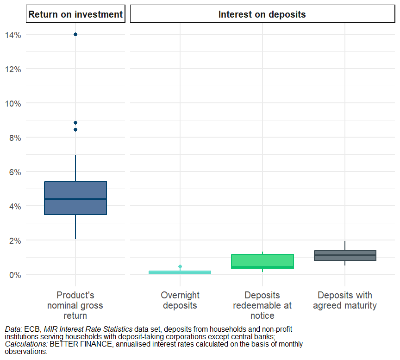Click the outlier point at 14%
[x=75, y=34]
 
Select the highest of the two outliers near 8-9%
[x=75, y=123]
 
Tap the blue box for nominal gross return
[x=75, y=190]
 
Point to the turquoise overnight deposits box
[x=180, y=272]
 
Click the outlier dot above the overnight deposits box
[x=180, y=266]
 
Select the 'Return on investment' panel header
[x=75, y=14]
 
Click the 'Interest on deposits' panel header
[x=262, y=14]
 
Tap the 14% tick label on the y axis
[x=13, y=35]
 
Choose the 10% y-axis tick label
[x=13, y=103]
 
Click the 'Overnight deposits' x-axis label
[x=180, y=300]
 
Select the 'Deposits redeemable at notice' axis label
[x=262, y=305]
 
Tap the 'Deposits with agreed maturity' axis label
[x=345, y=300]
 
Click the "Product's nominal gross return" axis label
[x=75, y=305]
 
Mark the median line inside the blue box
[x=75, y=199]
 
